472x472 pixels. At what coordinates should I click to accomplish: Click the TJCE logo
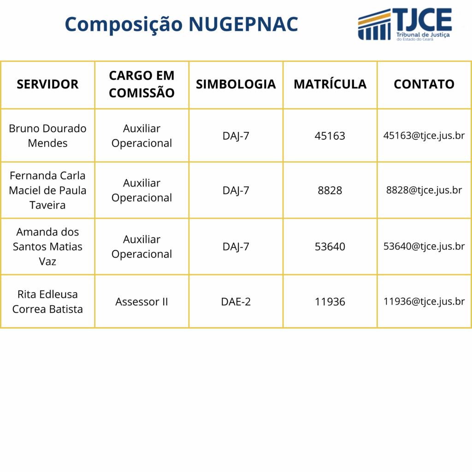pyautogui.click(x=405, y=24)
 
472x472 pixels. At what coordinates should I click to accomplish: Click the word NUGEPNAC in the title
pyautogui.click(x=243, y=24)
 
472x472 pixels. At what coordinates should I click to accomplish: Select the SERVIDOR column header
pyautogui.click(x=47, y=84)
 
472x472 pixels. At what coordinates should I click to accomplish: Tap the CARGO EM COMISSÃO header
pyautogui.click(x=142, y=84)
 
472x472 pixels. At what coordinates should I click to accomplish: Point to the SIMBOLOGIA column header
pyautogui.click(x=236, y=84)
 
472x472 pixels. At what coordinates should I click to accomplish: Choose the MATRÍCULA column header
pyautogui.click(x=330, y=84)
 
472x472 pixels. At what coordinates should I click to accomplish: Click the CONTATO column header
pyautogui.click(x=424, y=84)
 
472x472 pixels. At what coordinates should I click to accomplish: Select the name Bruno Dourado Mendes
pyautogui.click(x=47, y=136)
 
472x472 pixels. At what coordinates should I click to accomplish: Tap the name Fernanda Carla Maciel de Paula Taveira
pyautogui.click(x=47, y=190)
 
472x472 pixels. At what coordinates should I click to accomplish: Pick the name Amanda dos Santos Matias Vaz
pyautogui.click(x=47, y=246)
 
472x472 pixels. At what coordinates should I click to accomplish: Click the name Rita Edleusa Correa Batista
pyautogui.click(x=47, y=301)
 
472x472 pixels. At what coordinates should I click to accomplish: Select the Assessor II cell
pyautogui.click(x=142, y=302)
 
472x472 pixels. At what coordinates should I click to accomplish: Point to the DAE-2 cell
pyautogui.click(x=236, y=302)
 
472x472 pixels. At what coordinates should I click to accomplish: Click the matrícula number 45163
pyautogui.click(x=330, y=136)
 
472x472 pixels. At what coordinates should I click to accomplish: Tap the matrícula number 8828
pyautogui.click(x=330, y=190)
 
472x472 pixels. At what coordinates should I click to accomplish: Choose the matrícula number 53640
pyautogui.click(x=330, y=247)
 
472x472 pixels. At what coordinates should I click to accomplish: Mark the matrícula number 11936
pyautogui.click(x=330, y=302)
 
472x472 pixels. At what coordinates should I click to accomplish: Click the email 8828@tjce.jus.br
pyautogui.click(x=424, y=190)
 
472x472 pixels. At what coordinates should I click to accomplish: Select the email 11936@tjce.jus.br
pyautogui.click(x=424, y=302)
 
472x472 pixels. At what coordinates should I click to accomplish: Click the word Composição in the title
pyautogui.click(x=124, y=24)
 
